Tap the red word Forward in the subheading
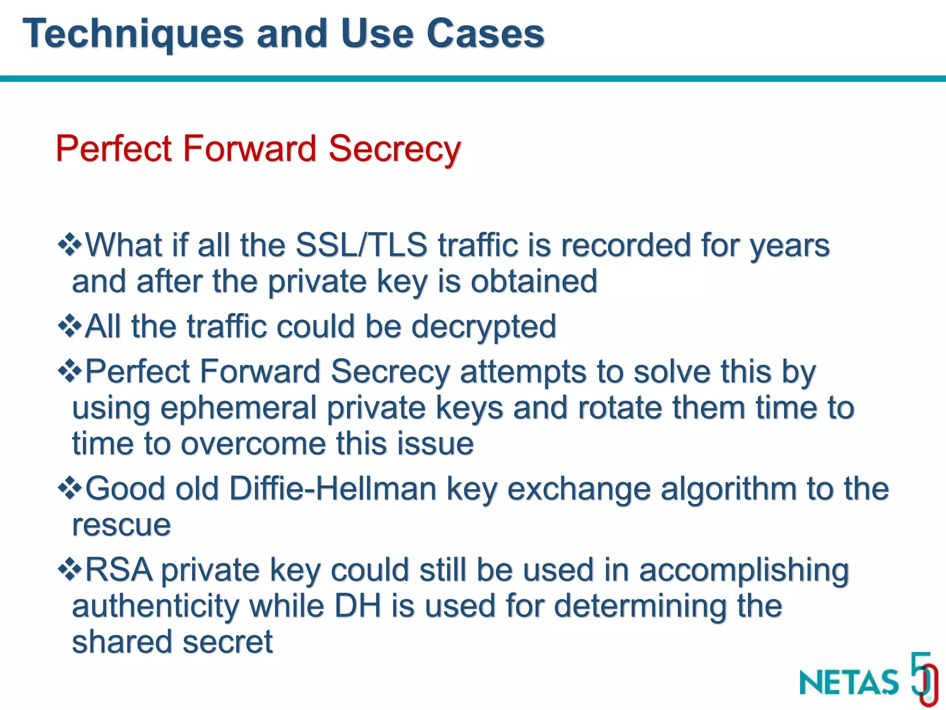click(x=249, y=148)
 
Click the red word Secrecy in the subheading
click(x=394, y=149)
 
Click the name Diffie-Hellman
click(x=333, y=489)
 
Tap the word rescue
click(x=121, y=525)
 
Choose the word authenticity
click(x=155, y=606)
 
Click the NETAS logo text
click(x=849, y=682)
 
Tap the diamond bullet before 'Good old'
click(x=70, y=488)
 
